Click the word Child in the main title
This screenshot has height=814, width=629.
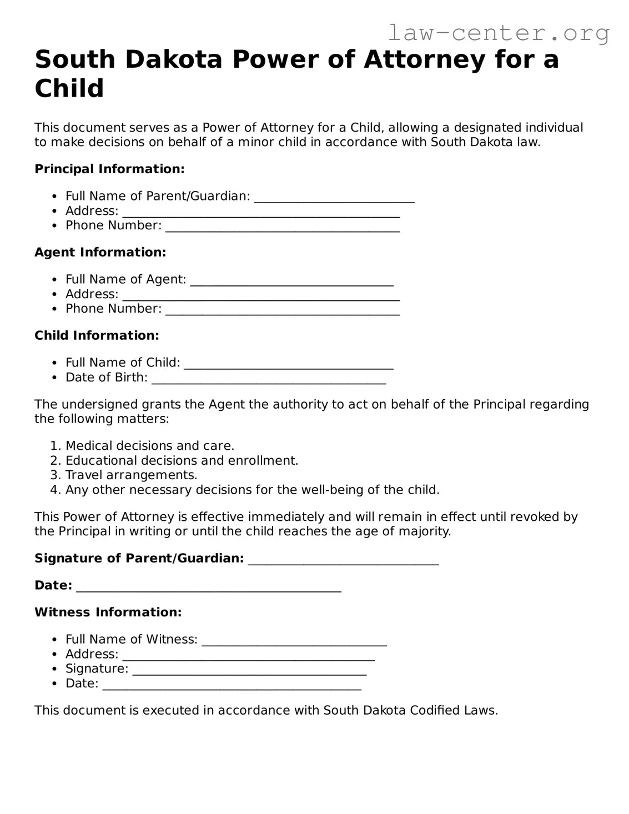click(x=69, y=88)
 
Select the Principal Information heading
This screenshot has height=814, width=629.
click(x=109, y=169)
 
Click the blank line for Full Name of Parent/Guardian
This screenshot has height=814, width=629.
click(x=334, y=200)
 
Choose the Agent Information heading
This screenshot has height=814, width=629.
click(x=100, y=252)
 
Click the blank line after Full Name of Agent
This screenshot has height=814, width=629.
click(x=291, y=283)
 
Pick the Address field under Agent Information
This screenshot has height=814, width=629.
click(x=261, y=298)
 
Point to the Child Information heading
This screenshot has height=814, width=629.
click(x=97, y=335)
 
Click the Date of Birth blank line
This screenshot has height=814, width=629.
click(x=269, y=381)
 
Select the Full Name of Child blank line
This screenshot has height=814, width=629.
click(x=289, y=366)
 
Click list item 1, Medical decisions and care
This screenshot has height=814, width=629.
click(x=149, y=446)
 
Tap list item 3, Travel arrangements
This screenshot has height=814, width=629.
click(x=131, y=475)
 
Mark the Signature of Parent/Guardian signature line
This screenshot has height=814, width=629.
click(x=343, y=562)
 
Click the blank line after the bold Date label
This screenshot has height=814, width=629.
click(x=208, y=590)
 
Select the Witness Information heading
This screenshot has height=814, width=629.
click(x=108, y=612)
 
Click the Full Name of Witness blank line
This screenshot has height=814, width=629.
click(x=294, y=644)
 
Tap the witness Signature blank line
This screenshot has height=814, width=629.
click(x=249, y=672)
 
